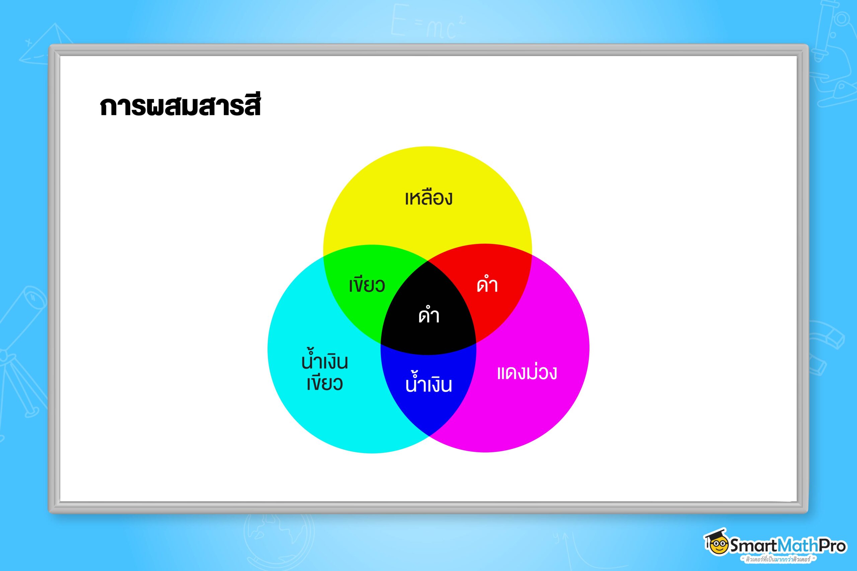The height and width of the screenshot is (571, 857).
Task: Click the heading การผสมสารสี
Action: click(x=180, y=106)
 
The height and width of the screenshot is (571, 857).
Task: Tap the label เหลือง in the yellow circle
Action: click(x=429, y=198)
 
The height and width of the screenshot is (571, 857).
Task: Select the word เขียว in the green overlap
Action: click(x=367, y=285)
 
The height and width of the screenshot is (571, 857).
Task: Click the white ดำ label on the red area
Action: click(x=487, y=285)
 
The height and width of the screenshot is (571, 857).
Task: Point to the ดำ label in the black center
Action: click(x=429, y=315)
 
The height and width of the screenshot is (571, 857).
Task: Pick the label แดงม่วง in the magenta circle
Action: click(x=527, y=373)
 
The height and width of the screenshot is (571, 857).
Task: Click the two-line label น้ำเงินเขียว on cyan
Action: click(x=324, y=372)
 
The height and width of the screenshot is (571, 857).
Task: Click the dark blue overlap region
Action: click(x=429, y=386)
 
